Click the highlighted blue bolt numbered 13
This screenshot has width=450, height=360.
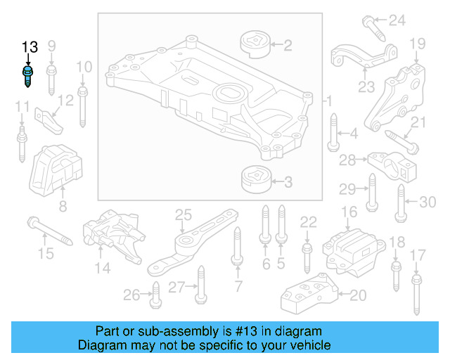tap(28, 75)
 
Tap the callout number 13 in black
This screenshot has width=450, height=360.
tap(29, 47)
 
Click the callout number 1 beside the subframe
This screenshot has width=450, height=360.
tap(327, 103)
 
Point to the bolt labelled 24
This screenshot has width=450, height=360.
tap(373, 27)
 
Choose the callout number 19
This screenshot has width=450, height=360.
tap(418, 44)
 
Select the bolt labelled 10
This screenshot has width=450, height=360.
tap(83, 105)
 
